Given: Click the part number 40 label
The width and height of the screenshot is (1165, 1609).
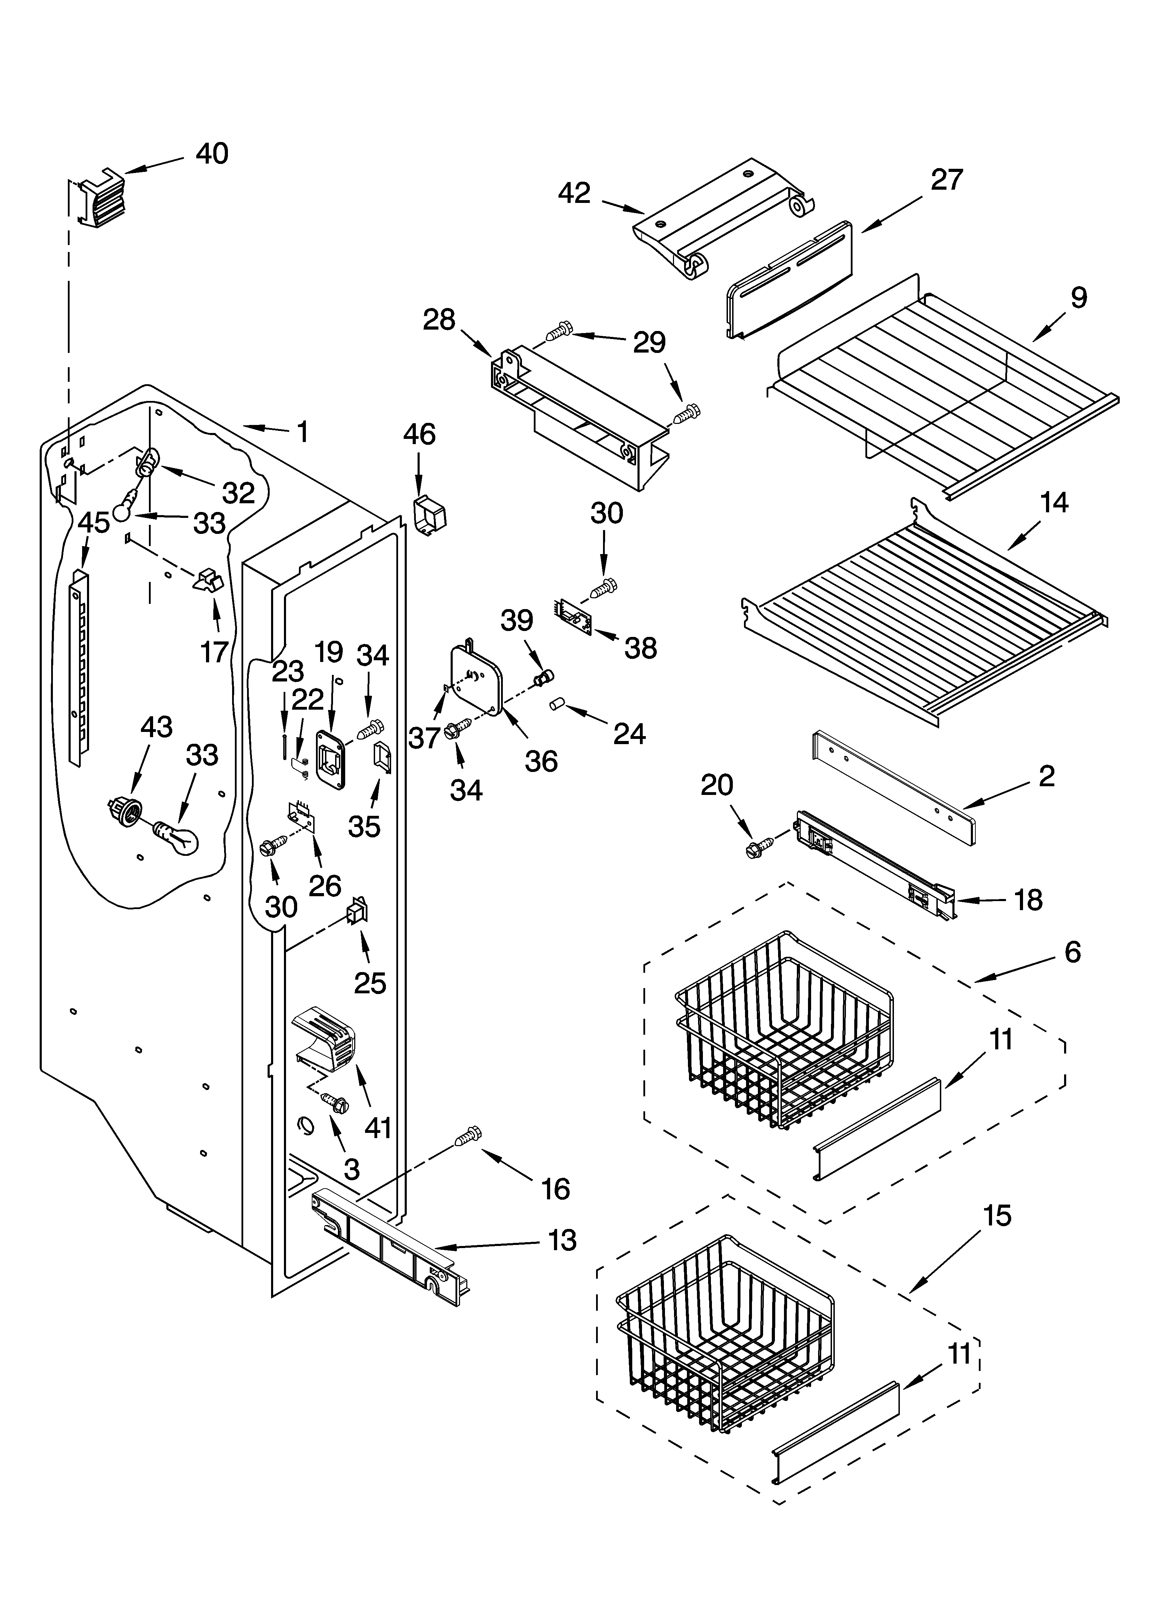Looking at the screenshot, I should [212, 154].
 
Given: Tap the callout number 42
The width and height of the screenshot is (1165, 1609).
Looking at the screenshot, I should [574, 193].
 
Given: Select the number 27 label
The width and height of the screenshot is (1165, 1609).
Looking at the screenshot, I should [946, 180].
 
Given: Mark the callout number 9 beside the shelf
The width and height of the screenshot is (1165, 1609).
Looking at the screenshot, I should [1078, 298].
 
